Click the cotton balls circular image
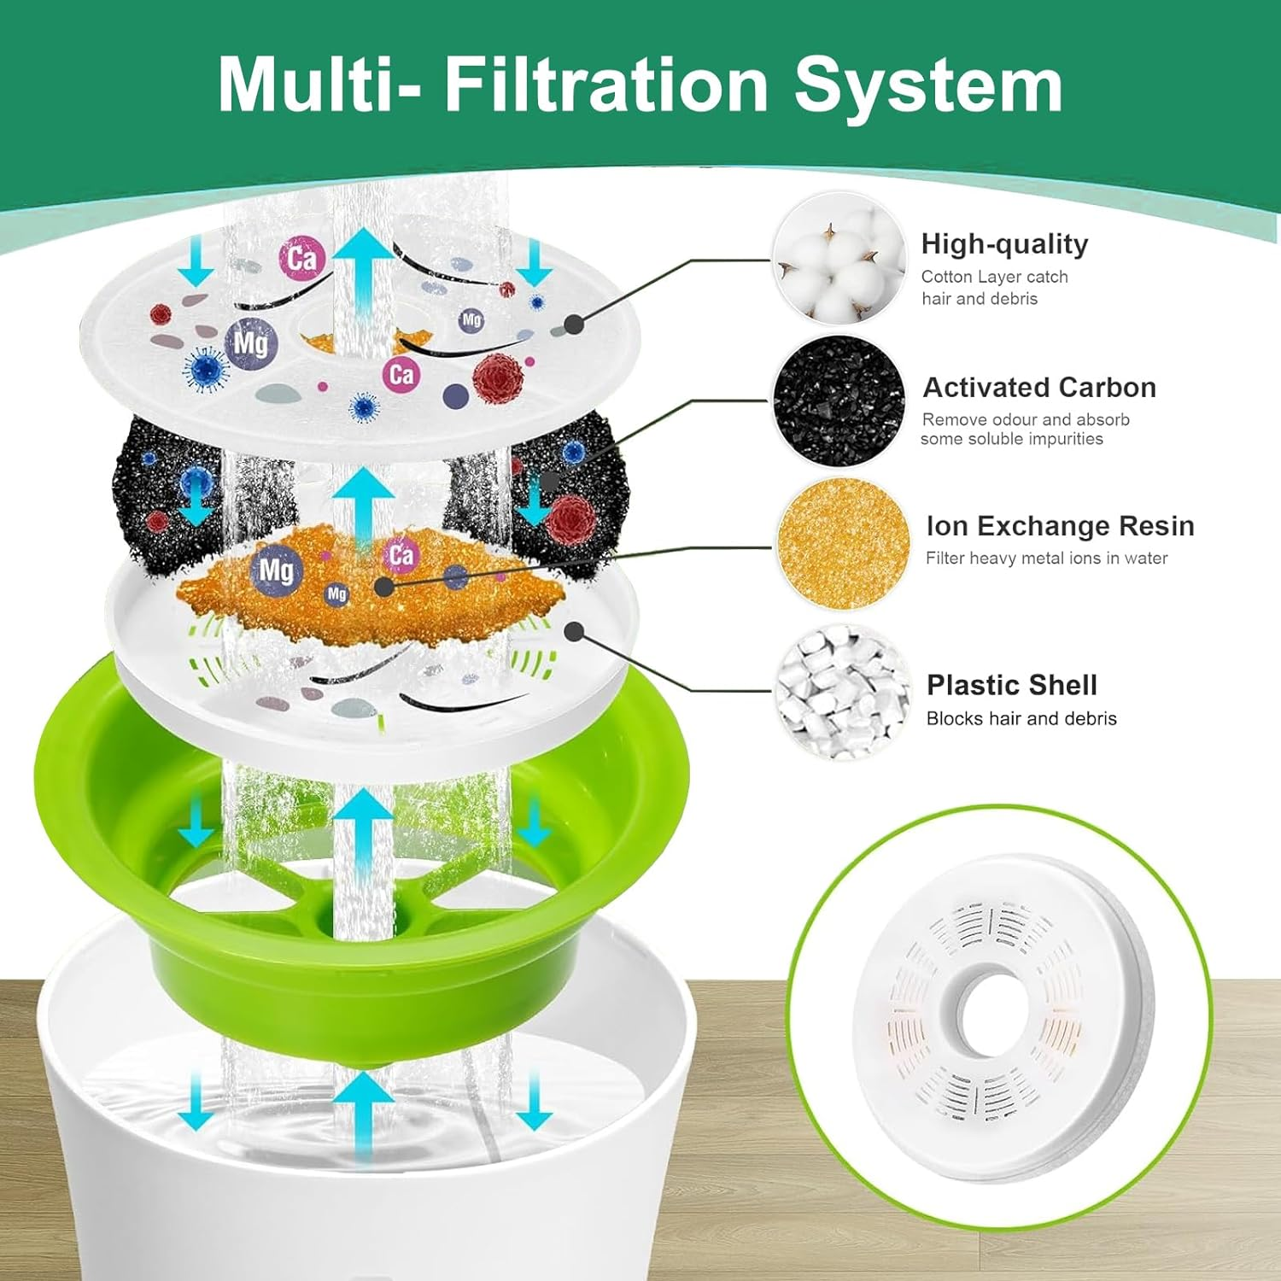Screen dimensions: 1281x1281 tap(839, 259)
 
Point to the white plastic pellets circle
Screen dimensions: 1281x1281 tap(843, 691)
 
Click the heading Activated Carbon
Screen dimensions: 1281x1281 tap(1038, 388)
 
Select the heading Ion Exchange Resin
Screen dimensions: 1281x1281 tap(1060, 526)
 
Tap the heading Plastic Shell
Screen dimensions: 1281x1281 tap(1011, 685)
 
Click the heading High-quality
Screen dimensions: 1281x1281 tap(1004, 244)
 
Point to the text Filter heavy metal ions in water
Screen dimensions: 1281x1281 tap(1046, 559)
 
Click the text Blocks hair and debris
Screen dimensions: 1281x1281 tap(1021, 719)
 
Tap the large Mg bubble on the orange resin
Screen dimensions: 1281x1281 tap(276, 570)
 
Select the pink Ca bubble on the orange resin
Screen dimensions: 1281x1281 tap(401, 556)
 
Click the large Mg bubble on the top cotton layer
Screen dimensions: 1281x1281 tap(250, 343)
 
